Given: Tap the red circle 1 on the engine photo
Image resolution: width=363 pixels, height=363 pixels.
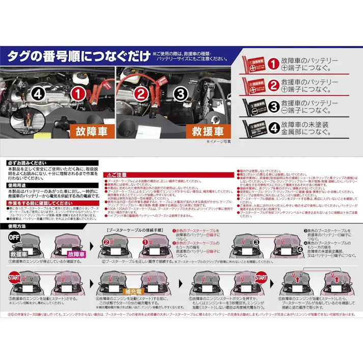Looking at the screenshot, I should [77, 94].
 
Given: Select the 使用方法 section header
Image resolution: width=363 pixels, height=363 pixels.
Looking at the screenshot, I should [18, 225].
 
